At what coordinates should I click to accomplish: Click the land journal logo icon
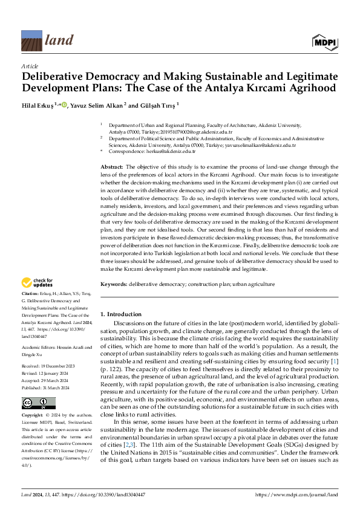point(31,41)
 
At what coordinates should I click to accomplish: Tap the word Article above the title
point(30,66)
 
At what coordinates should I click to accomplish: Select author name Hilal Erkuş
point(38,105)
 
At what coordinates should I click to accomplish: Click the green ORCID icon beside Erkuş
point(64,104)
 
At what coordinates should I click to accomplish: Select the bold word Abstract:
point(112,166)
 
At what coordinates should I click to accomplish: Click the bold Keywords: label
point(113,284)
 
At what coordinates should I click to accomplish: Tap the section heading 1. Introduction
point(120,314)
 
